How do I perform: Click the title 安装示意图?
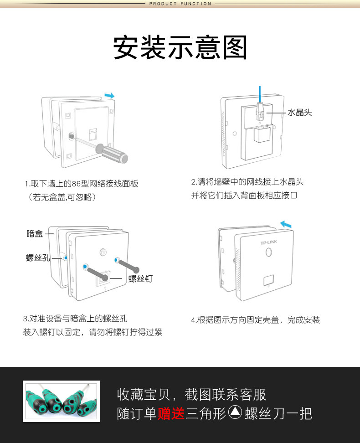pos(180,47)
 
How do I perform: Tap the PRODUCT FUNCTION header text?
pos(180,4)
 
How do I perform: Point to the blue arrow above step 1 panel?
pos(109,96)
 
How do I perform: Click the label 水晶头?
pos(300,113)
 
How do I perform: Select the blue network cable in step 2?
pos(260,94)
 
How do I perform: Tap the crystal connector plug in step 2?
pos(260,112)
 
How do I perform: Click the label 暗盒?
pos(35,234)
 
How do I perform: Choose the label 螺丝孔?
pos(38,258)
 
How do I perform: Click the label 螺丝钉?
pos(140,278)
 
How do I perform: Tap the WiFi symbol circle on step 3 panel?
pos(103,252)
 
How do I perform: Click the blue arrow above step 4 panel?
pos(286,224)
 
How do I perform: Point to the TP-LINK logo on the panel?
pos(269,242)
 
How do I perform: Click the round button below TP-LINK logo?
pos(269,252)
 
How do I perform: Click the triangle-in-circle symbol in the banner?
pos(235,412)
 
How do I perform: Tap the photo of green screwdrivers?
pos(62,401)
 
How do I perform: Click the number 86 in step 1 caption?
pos(76,184)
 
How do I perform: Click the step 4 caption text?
pos(256,320)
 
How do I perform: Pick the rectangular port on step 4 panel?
pos(268,280)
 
